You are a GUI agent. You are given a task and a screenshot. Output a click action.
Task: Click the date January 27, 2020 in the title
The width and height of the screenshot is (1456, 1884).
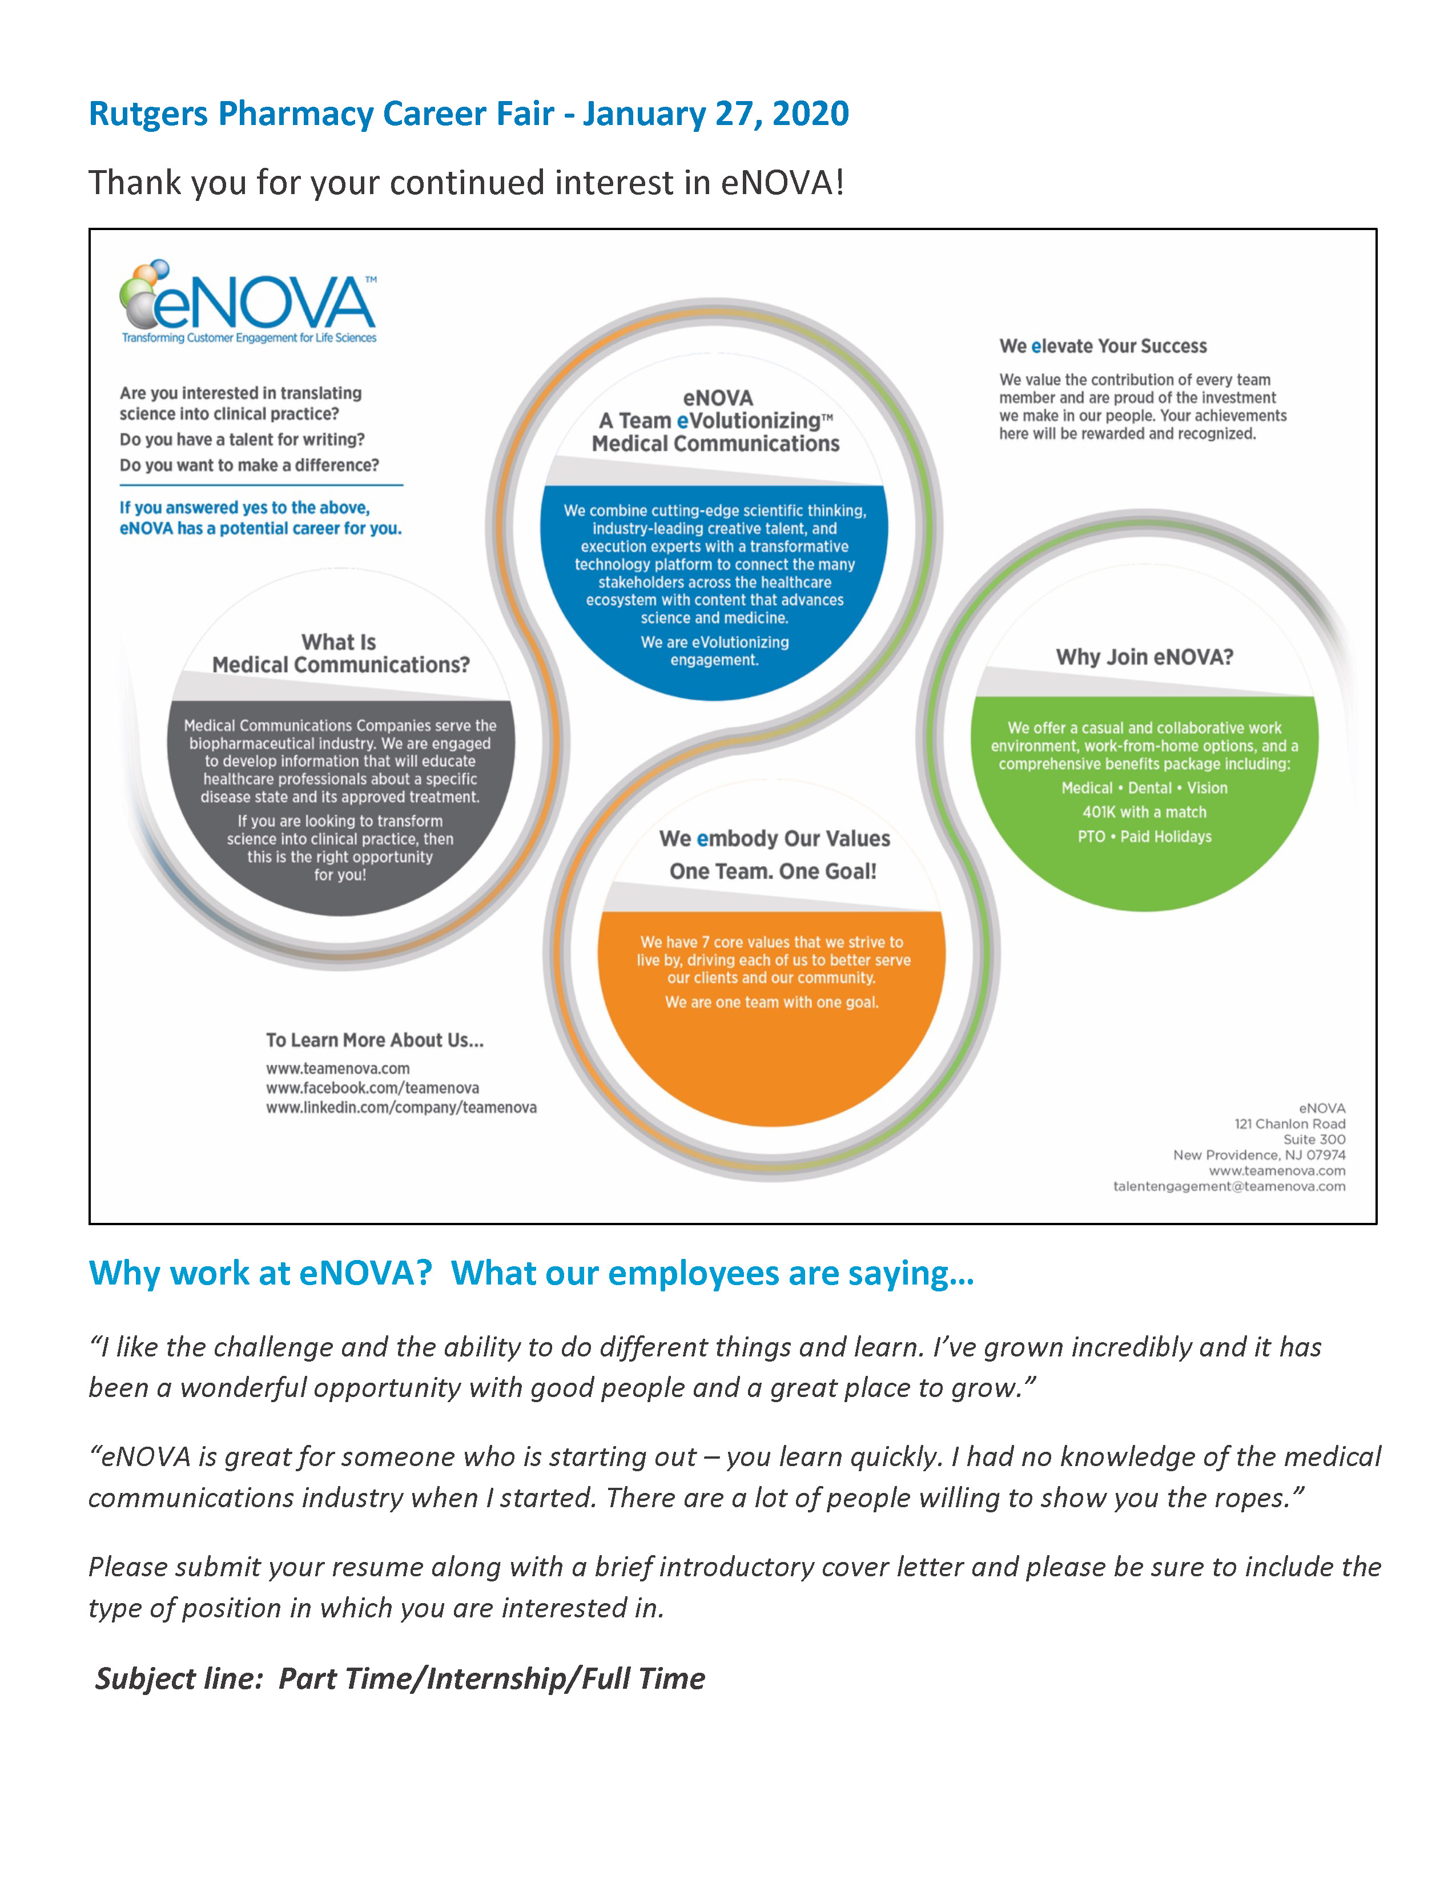pos(716,114)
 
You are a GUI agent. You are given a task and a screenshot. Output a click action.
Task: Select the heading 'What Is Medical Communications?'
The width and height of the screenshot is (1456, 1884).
pos(341,653)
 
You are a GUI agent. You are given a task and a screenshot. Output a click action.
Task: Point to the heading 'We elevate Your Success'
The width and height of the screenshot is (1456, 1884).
pos(1103,346)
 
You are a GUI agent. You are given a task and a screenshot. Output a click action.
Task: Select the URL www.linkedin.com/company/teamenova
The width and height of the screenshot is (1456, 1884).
pos(400,1107)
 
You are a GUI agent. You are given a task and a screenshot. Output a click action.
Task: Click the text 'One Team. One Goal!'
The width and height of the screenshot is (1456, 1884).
pos(773,871)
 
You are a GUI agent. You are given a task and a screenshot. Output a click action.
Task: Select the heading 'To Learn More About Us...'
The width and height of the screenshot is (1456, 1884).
pos(375,1040)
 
